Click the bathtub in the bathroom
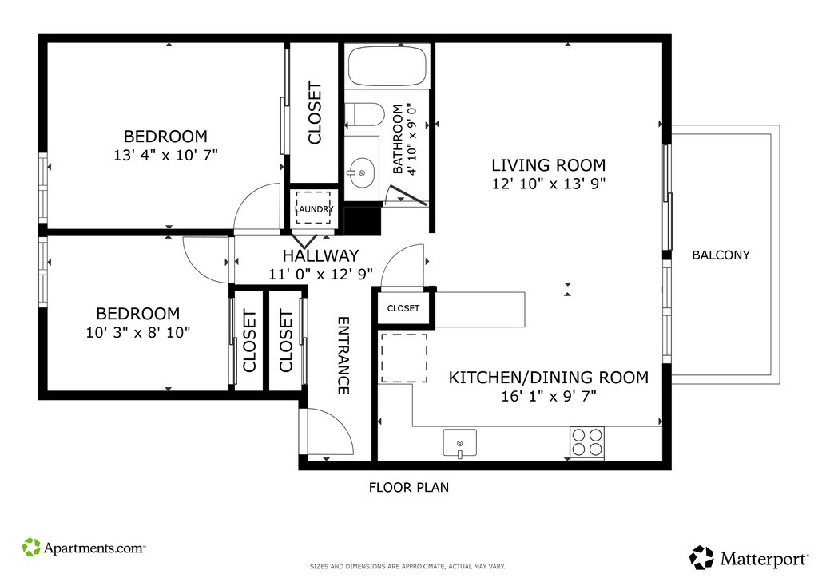(387, 66)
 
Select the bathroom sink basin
(362, 172)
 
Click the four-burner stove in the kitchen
(587, 442)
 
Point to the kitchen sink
(459, 443)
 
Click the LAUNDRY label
(314, 209)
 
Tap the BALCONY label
(721, 255)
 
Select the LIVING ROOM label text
(549, 165)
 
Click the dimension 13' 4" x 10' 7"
(165, 155)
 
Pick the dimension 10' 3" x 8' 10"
(137, 332)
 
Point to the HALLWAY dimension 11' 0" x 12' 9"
(320, 274)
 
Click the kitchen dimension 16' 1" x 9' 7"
(549, 396)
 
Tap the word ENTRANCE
(343, 355)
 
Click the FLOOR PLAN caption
(409, 487)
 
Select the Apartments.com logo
(83, 547)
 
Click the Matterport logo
(749, 558)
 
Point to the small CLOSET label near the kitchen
(403, 308)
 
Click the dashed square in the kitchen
(403, 358)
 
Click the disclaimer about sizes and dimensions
(407, 567)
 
